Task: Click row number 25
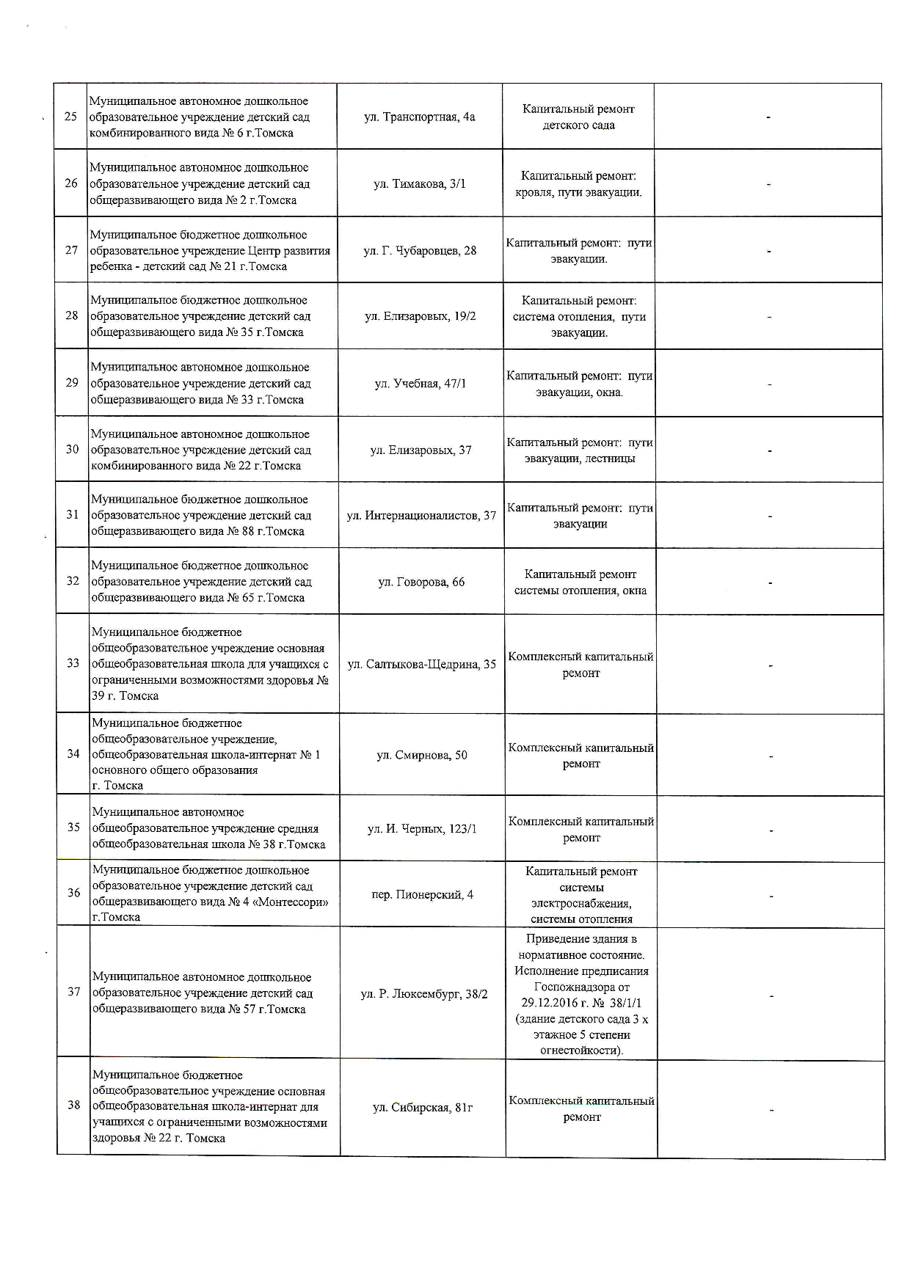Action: (x=70, y=117)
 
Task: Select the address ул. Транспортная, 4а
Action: (x=419, y=117)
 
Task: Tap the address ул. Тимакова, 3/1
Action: (x=420, y=183)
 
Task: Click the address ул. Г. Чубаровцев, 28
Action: (x=420, y=250)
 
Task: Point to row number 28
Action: (x=71, y=316)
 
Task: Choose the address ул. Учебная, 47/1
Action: (x=421, y=384)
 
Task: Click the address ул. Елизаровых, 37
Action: (x=421, y=450)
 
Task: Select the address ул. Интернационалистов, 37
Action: (x=421, y=515)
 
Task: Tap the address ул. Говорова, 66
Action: (x=421, y=582)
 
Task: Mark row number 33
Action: (x=73, y=663)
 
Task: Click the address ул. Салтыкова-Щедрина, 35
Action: (x=421, y=664)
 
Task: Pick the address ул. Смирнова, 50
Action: (x=422, y=755)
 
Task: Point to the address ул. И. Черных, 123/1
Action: (x=422, y=828)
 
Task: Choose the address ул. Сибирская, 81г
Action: (x=423, y=1107)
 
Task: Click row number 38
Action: (x=73, y=1105)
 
